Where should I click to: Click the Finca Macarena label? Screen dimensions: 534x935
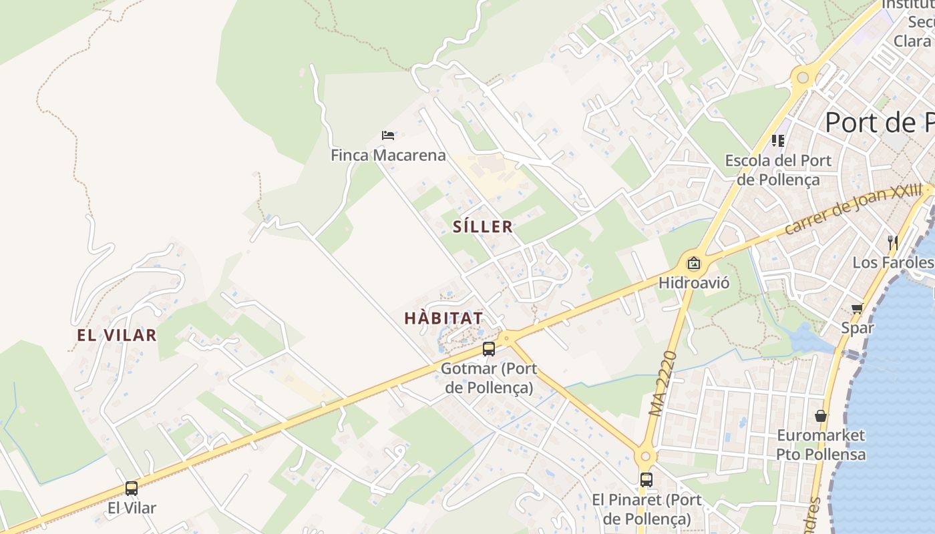coord(388,156)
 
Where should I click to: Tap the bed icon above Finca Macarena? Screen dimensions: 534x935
coord(388,136)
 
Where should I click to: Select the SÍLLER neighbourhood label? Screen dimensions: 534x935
coord(483,227)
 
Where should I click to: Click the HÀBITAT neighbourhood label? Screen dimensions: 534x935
coord(443,318)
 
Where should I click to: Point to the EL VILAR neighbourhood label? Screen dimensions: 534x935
coord(117,335)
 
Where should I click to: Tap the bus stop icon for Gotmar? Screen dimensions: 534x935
coord(489,349)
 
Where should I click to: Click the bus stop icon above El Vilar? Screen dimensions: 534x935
coord(132,489)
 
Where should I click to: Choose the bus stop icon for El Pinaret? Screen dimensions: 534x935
coord(646,479)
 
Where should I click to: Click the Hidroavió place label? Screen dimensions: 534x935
coord(694,283)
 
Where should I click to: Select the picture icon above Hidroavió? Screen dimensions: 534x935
coord(694,263)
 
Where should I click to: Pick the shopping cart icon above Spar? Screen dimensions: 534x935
coord(858,308)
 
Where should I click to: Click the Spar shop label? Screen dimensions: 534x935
coord(858,328)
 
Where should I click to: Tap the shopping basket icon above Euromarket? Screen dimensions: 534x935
coord(821,416)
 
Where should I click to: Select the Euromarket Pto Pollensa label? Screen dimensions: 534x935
coord(821,445)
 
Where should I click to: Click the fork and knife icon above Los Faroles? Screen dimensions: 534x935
coord(892,241)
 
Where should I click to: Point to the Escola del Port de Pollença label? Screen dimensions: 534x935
coord(778,170)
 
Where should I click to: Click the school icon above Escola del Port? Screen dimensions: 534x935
coord(778,141)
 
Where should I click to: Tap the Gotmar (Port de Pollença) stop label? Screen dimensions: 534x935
coord(489,378)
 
